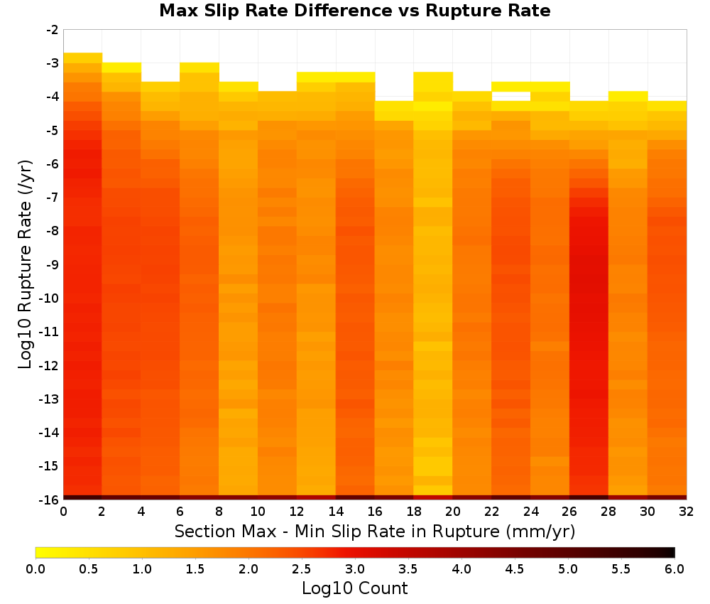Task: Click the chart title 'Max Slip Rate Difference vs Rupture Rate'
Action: coord(355,11)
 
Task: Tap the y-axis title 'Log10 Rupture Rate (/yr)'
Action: coord(26,264)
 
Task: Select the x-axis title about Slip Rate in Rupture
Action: coord(375,531)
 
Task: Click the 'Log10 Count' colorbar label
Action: coord(355,588)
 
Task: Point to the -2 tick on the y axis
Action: coord(53,30)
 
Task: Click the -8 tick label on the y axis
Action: coord(53,231)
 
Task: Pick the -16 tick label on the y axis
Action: coord(49,500)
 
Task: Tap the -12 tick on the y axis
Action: coord(49,366)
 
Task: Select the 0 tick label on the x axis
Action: coord(63,512)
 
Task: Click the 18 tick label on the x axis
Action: coord(414,512)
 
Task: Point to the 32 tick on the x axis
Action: coord(687,512)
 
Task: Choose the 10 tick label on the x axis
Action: coord(258,512)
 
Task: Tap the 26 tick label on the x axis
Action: coord(569,512)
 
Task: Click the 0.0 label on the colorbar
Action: coord(35,569)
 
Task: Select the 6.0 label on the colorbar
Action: coord(674,569)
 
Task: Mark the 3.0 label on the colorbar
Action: coord(355,569)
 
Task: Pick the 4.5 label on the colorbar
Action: coord(515,569)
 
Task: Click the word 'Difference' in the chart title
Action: coord(343,11)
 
